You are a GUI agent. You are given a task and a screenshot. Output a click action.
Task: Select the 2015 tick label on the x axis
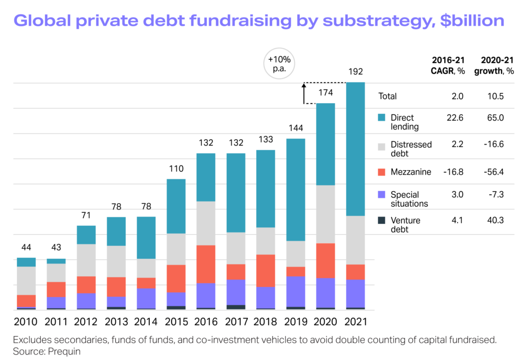(x=175, y=322)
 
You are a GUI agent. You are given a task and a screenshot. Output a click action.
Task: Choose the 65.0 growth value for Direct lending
(x=494, y=118)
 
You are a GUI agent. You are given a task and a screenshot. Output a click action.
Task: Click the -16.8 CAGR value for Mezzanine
(x=454, y=172)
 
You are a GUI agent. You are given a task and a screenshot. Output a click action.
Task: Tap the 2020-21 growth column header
(x=494, y=65)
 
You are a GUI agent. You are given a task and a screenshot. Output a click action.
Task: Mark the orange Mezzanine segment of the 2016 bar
(x=206, y=264)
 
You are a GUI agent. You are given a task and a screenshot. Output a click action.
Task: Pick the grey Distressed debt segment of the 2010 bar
(x=26, y=280)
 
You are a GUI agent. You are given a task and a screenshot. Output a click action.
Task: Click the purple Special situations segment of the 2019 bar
(x=295, y=291)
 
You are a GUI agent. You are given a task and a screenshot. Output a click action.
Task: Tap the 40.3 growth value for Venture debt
(x=494, y=221)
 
